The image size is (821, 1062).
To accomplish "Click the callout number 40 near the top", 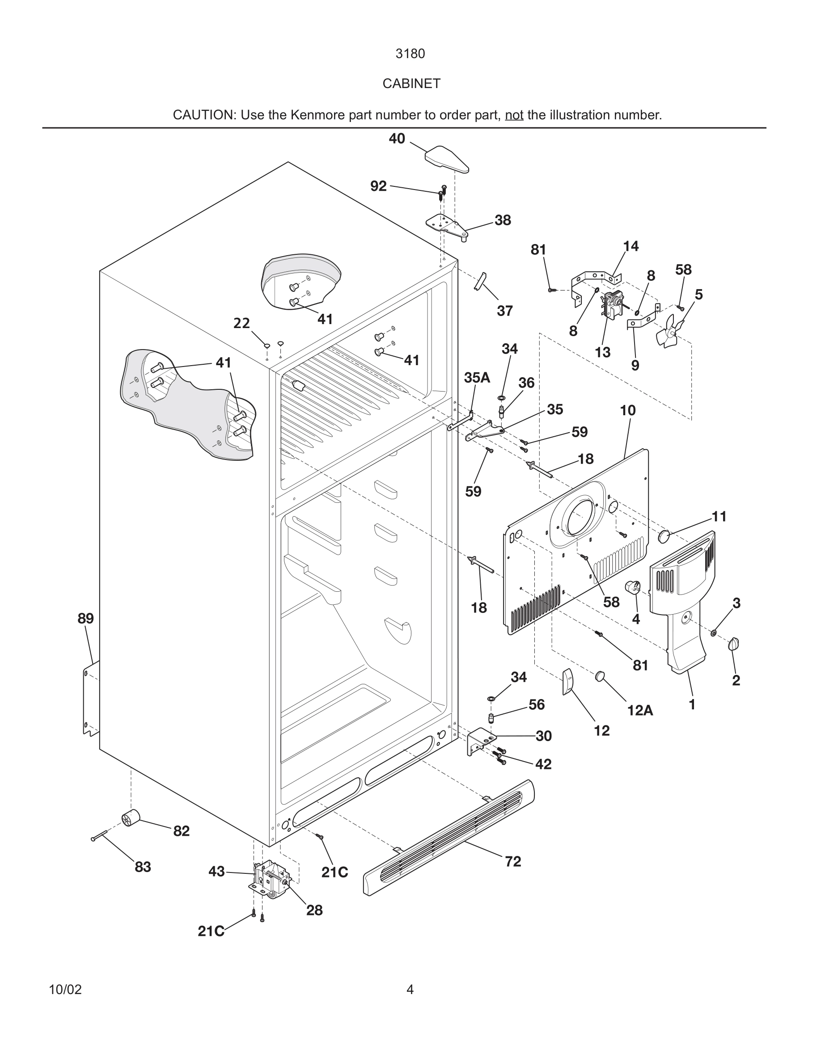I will (x=397, y=139).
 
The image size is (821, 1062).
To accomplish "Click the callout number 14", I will (x=631, y=247).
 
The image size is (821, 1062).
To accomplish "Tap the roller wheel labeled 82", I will (x=130, y=818).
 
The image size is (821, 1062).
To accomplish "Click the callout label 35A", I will (x=477, y=378).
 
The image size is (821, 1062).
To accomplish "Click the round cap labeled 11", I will (x=664, y=537).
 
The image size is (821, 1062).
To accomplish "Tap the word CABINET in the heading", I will (x=411, y=84).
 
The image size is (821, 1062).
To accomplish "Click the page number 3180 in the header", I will (x=410, y=54).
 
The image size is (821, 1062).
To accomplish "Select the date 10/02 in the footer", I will (x=65, y=990).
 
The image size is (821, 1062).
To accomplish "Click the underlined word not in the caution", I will (x=514, y=115).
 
